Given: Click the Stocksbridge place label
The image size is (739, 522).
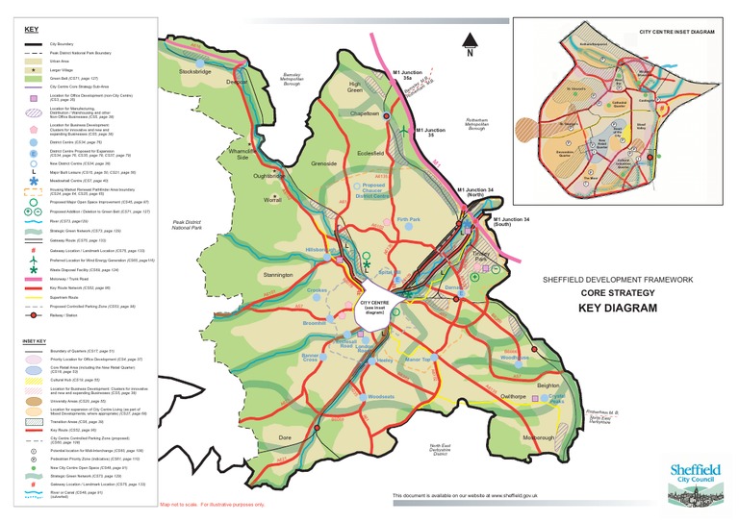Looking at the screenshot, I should point(194,71).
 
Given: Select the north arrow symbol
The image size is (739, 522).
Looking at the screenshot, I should point(469,43).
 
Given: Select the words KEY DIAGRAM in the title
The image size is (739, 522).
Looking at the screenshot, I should point(617,309).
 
